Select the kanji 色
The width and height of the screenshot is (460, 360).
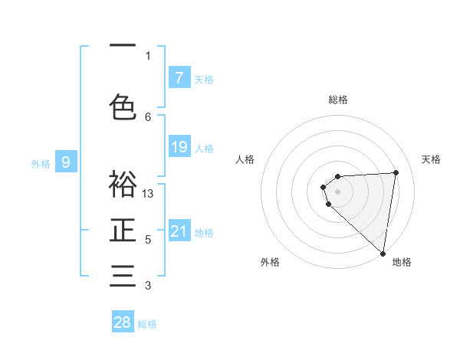123,106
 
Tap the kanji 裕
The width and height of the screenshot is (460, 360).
123,184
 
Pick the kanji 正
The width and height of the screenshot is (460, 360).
123,231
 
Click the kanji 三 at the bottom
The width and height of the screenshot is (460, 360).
123,276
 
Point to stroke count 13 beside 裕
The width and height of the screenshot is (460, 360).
149,194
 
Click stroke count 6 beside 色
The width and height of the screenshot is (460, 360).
148,116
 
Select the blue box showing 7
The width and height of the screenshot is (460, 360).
179,77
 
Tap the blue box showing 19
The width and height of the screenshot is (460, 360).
179,147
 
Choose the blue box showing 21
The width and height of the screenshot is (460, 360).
179,231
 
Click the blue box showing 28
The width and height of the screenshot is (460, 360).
122,322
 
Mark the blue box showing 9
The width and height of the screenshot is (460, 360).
66,162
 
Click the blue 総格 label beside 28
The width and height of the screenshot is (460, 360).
147,324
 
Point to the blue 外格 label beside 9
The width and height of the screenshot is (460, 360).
40,163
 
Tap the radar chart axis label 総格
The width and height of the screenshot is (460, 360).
338,100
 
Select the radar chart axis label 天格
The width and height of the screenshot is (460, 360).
432,159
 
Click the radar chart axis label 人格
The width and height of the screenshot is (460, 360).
245,159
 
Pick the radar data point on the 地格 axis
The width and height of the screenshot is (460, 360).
383,253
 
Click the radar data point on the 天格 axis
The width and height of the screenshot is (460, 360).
396,172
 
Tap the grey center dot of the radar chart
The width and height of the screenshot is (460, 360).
337,191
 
